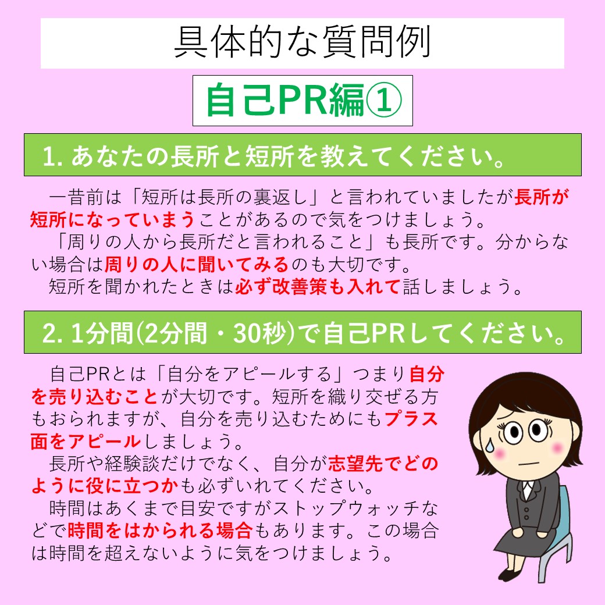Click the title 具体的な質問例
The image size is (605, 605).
(302, 42)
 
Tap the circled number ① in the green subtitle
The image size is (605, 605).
(383, 100)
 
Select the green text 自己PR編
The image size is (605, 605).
(285, 100)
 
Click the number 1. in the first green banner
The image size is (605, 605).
(52, 156)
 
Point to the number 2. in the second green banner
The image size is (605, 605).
(52, 333)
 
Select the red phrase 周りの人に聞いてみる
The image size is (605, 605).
(197, 264)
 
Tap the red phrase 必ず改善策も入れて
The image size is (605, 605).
(317, 286)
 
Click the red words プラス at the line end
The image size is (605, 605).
(411, 419)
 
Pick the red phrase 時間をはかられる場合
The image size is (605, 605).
(160, 531)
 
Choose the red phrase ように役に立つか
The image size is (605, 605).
(105, 486)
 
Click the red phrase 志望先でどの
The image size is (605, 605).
(383, 464)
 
